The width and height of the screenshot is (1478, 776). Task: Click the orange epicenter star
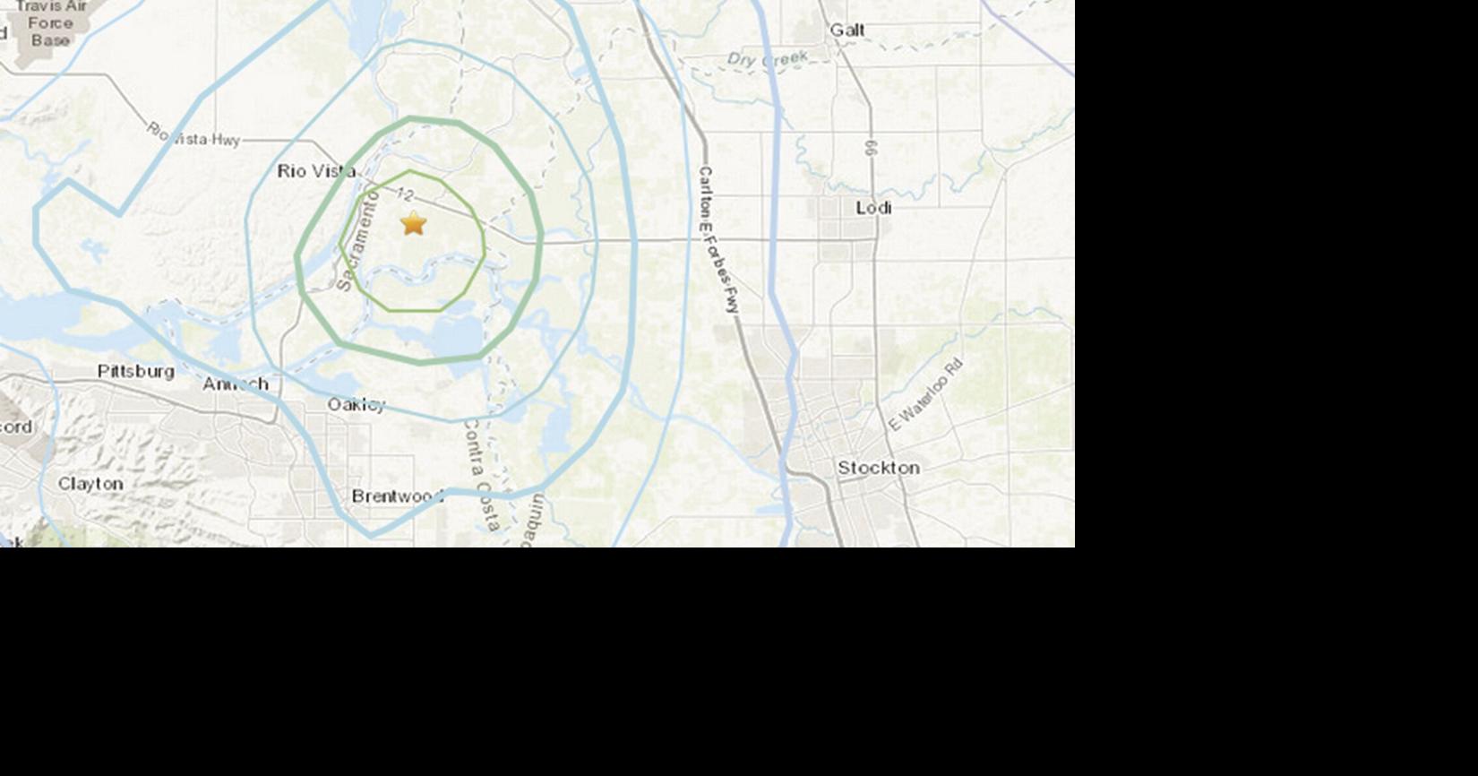click(413, 223)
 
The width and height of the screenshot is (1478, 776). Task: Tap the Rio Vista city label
click(316, 171)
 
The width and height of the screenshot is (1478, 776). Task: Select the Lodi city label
click(873, 208)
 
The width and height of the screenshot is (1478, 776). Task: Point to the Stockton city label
click(878, 468)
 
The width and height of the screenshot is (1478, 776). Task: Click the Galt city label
click(846, 30)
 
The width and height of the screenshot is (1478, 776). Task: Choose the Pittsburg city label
click(136, 371)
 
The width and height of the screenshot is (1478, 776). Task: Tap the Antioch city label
click(235, 384)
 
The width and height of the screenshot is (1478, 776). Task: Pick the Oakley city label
click(356, 405)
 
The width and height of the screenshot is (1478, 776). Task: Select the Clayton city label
click(90, 484)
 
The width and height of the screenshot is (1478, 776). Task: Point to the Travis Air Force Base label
click(50, 24)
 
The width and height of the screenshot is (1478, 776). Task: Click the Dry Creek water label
click(767, 60)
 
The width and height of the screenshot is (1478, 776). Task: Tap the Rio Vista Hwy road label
click(193, 135)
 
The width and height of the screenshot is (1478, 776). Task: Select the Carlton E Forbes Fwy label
click(719, 240)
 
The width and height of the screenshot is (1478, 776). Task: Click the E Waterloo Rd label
click(926, 395)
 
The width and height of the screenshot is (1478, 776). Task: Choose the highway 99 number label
click(871, 148)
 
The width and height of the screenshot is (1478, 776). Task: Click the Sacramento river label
click(357, 245)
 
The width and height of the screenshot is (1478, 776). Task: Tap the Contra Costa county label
click(481, 475)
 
